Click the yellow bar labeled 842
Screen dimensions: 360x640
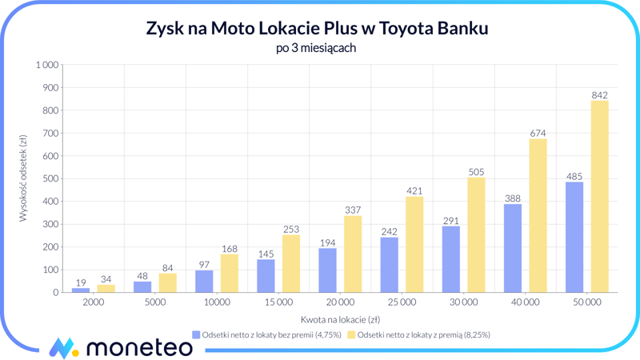coord(599,197)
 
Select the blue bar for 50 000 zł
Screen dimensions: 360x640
coord(574,238)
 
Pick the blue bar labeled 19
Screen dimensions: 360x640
coord(81,290)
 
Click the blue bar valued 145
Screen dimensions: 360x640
coord(266,276)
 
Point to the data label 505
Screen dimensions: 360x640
coord(476,172)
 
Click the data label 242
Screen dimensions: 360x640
coord(389,232)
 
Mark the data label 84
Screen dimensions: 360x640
coord(167,268)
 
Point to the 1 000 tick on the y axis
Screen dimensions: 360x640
coord(47,65)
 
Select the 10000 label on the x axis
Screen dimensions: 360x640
coord(216,303)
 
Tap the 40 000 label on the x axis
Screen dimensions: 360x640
coord(525,303)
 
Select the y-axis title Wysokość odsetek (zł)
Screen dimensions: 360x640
coord(24,178)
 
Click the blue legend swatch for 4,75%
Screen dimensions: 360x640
coord(196,334)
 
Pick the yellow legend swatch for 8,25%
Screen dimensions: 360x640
coord(351,334)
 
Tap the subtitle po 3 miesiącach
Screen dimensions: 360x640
coord(315,48)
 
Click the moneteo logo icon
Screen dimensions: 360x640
coord(64,348)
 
